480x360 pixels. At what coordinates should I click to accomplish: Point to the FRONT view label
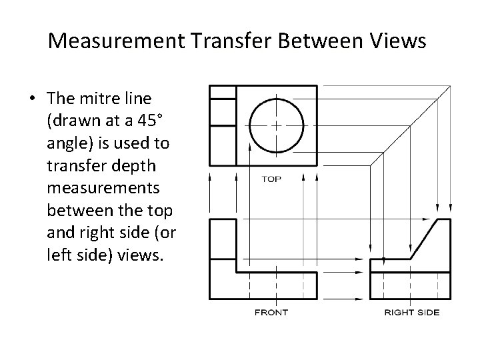(271, 312)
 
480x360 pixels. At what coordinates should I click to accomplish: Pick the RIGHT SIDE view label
(412, 312)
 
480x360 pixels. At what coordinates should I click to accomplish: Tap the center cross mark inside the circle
(276, 125)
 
